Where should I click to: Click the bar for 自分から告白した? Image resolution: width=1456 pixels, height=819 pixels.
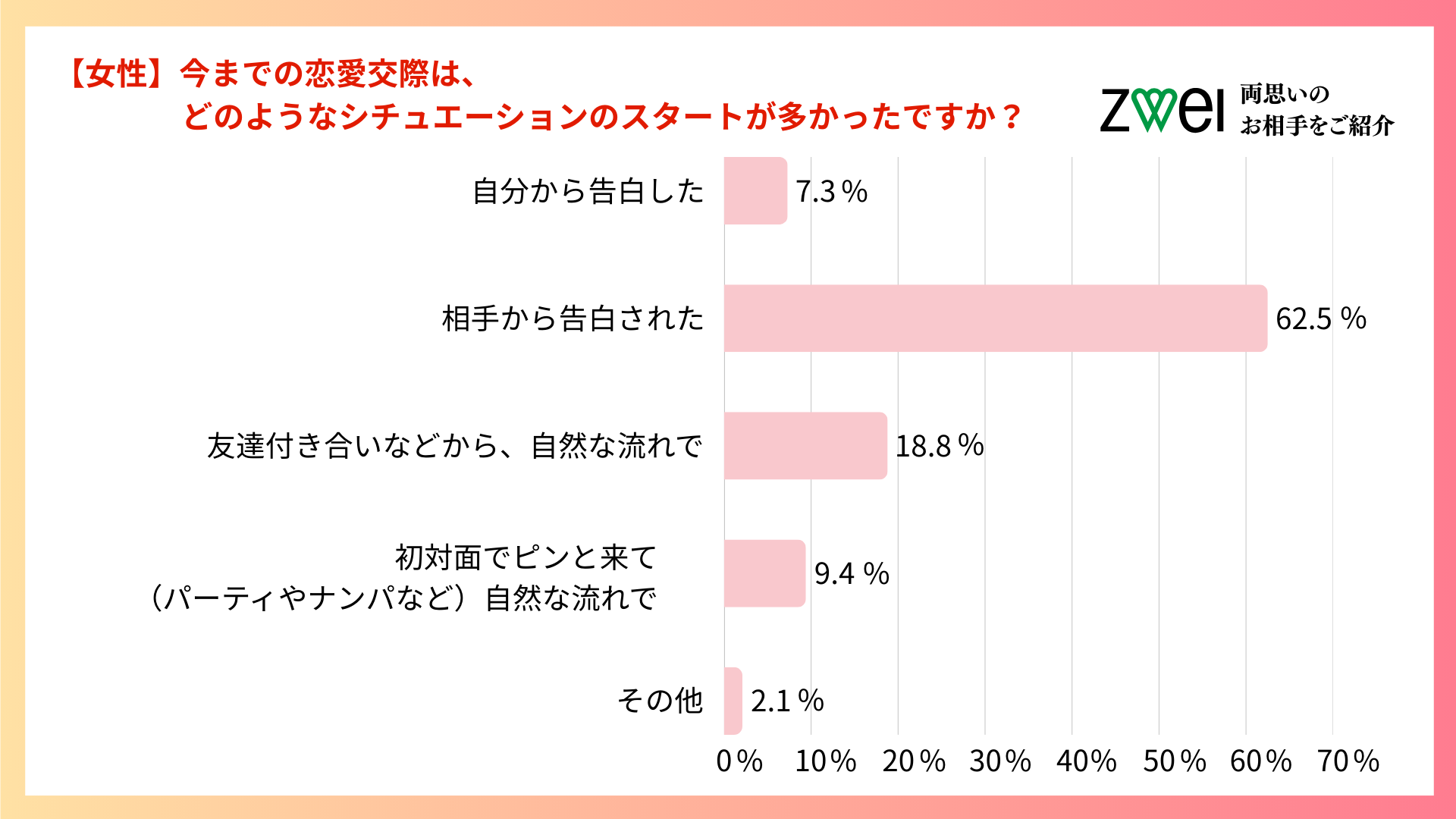point(755,190)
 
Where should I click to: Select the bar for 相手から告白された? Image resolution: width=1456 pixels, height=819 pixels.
point(995,318)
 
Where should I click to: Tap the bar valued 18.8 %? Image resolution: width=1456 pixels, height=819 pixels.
point(805,445)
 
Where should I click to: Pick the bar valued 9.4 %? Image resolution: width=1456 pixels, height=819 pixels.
point(764,573)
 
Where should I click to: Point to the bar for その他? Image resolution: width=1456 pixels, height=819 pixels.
point(733,700)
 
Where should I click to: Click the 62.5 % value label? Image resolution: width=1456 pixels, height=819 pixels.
point(1320,318)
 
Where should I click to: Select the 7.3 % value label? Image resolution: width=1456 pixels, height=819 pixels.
point(831,191)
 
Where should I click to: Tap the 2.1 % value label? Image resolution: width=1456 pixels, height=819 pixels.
point(787,701)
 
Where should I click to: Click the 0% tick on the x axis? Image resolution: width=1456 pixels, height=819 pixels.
point(739,761)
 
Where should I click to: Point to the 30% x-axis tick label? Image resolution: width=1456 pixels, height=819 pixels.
point(999,761)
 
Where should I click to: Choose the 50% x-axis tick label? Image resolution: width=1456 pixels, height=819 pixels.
point(1174,761)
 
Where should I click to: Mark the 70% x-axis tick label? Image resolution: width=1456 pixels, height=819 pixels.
point(1348,761)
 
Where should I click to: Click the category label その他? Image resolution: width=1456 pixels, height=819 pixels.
point(660,700)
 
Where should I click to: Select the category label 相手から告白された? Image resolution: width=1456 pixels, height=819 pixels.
point(573,318)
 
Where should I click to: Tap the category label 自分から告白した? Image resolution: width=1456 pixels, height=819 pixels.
point(588,191)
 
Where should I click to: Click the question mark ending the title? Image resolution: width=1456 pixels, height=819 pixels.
point(1011,117)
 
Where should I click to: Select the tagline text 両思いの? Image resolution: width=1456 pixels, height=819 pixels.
point(1285,94)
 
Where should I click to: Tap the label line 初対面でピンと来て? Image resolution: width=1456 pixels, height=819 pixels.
point(526,557)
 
